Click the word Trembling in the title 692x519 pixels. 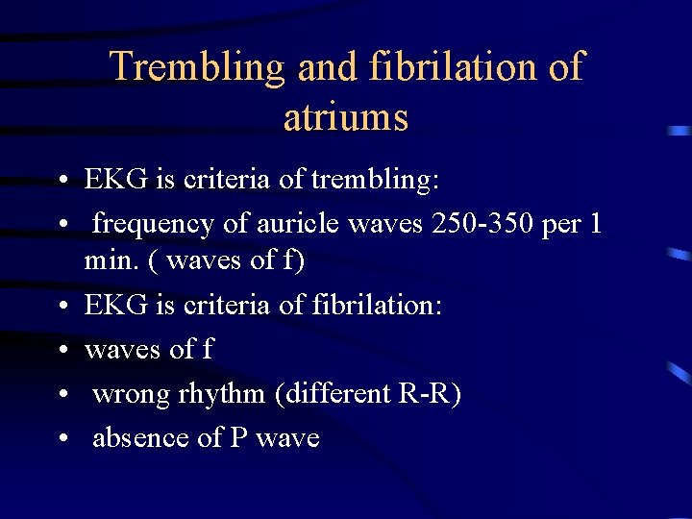coord(197,67)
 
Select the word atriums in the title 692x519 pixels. coord(346,117)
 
